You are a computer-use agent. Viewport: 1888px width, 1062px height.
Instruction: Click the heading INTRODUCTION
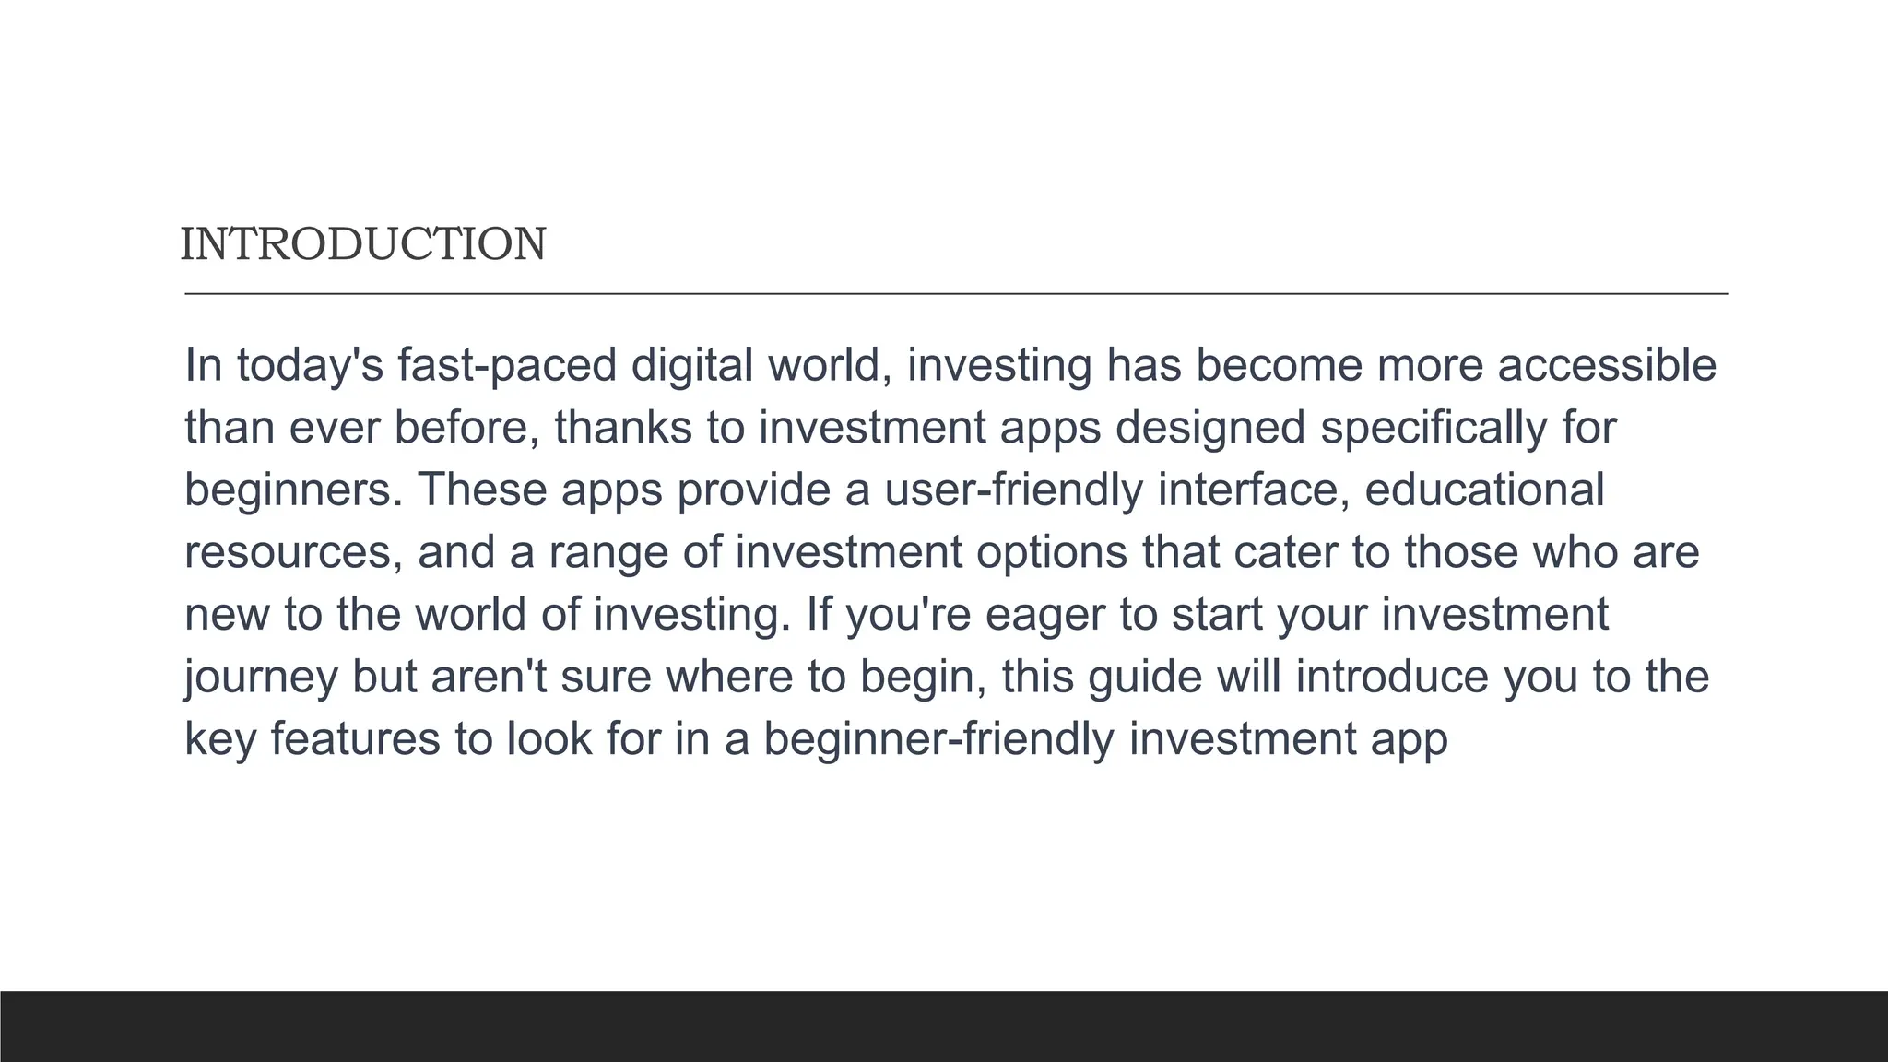[363, 244]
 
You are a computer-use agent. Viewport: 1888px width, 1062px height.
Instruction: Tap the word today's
[310, 365]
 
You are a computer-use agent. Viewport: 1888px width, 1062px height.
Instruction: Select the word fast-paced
[507, 365]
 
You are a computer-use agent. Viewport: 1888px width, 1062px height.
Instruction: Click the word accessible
[1607, 365]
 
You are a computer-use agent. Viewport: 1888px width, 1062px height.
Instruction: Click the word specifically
[1434, 428]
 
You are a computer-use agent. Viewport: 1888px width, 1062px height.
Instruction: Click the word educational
[1484, 490]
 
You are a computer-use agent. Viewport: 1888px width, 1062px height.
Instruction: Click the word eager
[1044, 615]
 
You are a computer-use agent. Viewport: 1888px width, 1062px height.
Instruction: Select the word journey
[261, 678]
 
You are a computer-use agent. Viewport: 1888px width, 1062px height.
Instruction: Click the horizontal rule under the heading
[956, 294]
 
